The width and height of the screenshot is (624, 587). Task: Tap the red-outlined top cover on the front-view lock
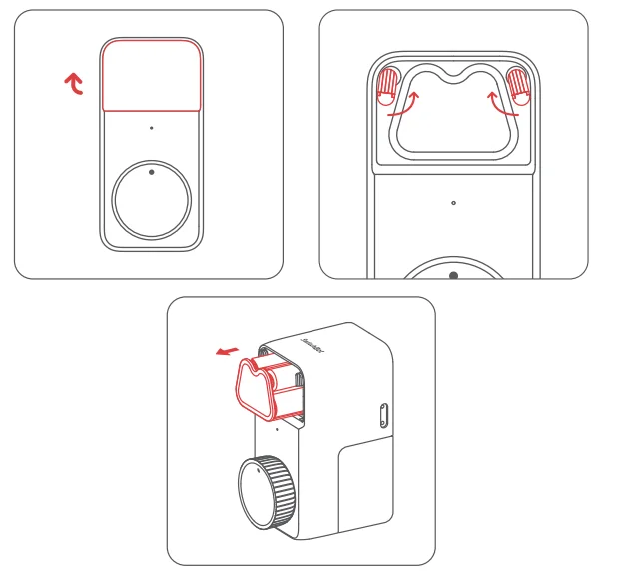(152, 75)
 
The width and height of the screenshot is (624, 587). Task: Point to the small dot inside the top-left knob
(151, 172)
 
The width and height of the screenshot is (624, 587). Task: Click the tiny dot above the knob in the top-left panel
(151, 128)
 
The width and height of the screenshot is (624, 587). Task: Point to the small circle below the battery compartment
(453, 202)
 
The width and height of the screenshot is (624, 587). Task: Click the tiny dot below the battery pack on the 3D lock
(277, 429)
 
